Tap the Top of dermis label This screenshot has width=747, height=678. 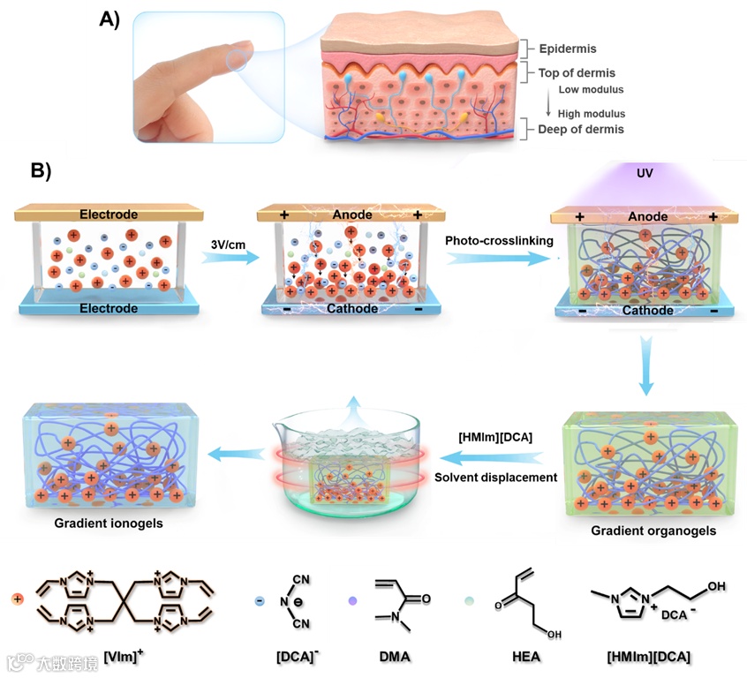577,73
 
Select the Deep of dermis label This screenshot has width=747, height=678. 581,130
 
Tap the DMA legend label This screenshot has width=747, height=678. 394,657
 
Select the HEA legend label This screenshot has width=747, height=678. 524,657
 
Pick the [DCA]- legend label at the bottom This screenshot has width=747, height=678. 298,657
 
